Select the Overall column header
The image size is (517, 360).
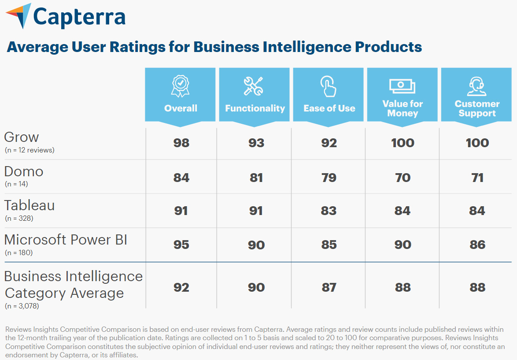[181, 108]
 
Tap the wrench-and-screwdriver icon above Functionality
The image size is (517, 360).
[254, 86]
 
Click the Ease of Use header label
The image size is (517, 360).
[329, 108]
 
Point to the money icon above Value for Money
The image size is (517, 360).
[403, 86]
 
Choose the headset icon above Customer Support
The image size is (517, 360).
[477, 86]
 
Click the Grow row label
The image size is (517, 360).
[22, 137]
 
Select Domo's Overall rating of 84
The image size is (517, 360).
[181, 178]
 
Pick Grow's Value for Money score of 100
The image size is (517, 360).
[403, 143]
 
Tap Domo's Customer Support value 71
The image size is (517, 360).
[477, 178]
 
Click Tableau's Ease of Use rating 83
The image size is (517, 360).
[329, 211]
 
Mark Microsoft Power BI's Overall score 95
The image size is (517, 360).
[181, 245]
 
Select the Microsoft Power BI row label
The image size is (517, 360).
[66, 240]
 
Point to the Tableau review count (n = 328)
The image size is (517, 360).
[19, 218]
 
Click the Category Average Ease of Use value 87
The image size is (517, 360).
[329, 287]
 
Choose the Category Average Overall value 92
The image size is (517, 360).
[181, 287]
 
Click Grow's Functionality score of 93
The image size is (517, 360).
[256, 143]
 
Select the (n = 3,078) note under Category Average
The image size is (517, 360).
[22, 305]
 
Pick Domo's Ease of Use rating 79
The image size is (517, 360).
[329, 178]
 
